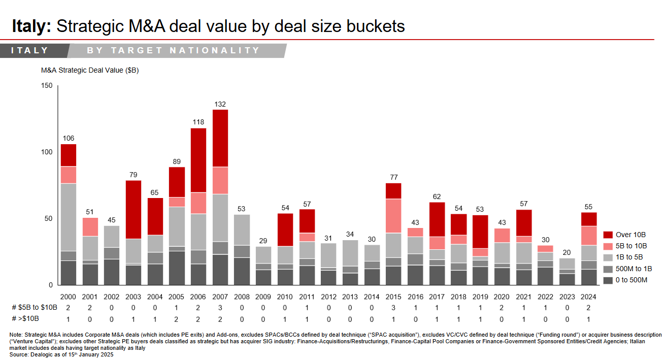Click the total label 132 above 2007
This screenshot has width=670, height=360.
point(220,104)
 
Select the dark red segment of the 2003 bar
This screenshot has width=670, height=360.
point(133,209)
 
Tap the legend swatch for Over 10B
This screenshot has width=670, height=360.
point(608,235)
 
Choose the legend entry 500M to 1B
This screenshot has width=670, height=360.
point(633,269)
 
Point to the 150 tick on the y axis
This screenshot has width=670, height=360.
point(47,86)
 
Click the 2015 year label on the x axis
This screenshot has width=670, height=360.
point(394,297)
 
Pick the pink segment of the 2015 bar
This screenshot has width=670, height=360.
point(394,216)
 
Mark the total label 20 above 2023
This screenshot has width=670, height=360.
point(567,252)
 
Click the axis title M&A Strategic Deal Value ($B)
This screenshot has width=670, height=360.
point(90,71)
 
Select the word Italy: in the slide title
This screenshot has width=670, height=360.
point(31,26)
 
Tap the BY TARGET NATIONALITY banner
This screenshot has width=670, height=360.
point(174,50)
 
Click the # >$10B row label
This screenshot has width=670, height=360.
point(25,318)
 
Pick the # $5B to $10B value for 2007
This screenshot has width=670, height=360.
point(220,308)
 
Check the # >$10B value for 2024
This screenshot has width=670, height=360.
point(589,318)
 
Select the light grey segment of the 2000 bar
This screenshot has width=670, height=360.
point(69,217)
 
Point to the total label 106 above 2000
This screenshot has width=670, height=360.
point(69,139)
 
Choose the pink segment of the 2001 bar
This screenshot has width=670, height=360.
point(90,227)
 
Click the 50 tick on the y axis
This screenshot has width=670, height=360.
point(49,218)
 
